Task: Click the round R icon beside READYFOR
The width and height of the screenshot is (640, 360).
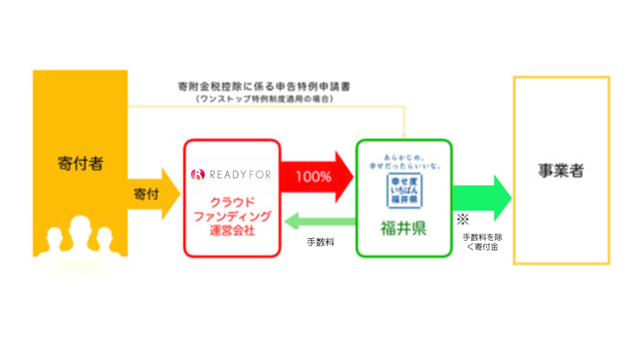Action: point(196,174)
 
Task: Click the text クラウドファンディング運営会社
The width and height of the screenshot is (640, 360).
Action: point(233,216)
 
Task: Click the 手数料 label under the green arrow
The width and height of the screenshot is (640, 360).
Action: point(320,244)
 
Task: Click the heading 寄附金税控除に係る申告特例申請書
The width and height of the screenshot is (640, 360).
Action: point(257,88)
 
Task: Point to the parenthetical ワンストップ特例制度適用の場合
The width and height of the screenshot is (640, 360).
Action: point(257,99)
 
